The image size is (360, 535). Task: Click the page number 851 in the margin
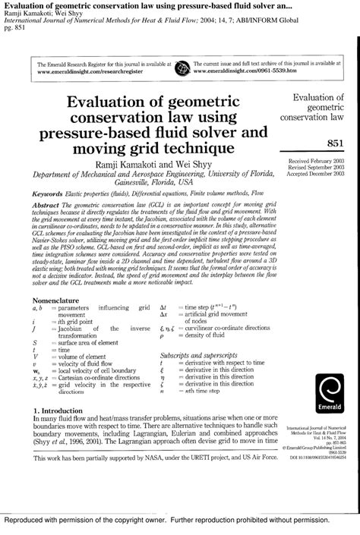[x=336, y=143]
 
